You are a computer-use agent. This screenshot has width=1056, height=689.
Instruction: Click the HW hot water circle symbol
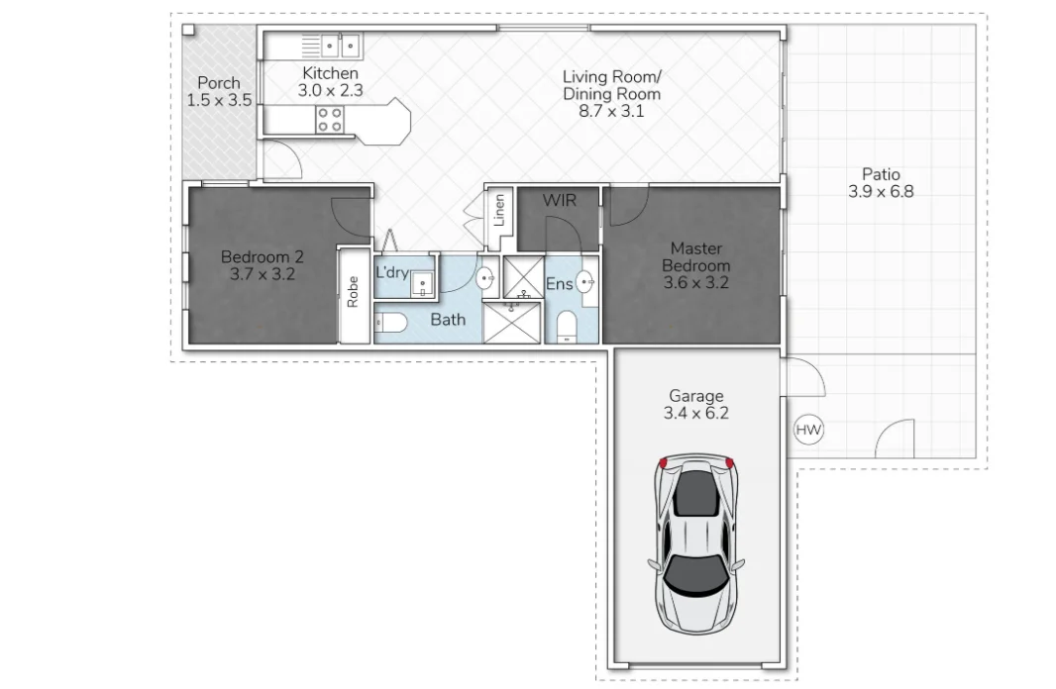point(809,431)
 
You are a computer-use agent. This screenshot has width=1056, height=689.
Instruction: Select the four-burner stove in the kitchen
point(330,120)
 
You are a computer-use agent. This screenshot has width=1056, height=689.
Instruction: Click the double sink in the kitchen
point(341,46)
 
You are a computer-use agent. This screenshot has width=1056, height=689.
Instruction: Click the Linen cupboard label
point(499,210)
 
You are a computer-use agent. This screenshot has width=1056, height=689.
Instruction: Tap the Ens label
point(559,284)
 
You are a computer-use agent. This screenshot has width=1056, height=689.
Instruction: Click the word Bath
point(448,320)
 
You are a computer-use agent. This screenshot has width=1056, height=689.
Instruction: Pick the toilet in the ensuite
point(567,325)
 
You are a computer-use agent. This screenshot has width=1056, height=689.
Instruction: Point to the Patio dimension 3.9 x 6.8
point(881,192)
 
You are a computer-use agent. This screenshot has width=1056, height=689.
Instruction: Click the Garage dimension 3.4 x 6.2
point(696,414)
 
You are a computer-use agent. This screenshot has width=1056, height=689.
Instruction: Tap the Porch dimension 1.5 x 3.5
point(219,100)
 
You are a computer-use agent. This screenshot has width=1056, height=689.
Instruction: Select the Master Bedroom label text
point(696,256)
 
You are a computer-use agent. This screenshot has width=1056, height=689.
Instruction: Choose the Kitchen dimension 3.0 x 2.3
point(331,90)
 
